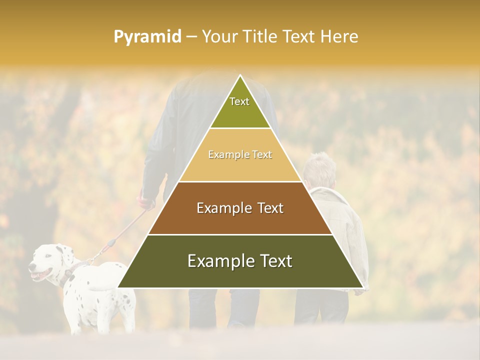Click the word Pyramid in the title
147,37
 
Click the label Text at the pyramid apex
239,101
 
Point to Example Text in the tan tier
240,155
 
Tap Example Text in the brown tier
240,208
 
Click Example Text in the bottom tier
240,261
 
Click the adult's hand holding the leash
146,202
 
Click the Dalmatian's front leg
75,317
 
